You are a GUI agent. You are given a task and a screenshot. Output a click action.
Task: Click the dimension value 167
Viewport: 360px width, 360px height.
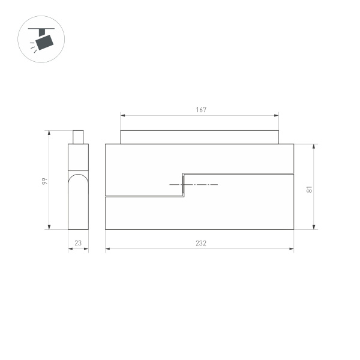click(x=201, y=110)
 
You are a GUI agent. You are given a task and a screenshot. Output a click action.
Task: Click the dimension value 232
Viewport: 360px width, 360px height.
click(x=201, y=243)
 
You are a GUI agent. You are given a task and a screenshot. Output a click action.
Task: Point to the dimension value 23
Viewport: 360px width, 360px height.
click(x=78, y=243)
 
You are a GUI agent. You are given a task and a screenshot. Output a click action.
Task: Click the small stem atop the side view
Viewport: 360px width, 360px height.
click(x=78, y=137)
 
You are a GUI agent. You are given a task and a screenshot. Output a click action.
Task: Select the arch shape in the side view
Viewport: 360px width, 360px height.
click(x=78, y=180)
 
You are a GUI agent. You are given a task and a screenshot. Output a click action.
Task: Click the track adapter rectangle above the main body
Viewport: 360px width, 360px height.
click(x=199, y=137)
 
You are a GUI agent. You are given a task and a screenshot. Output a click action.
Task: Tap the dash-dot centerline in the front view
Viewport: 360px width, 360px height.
click(x=198, y=185)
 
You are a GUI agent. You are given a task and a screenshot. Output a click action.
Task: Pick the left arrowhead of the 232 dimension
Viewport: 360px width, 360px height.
click(x=107, y=249)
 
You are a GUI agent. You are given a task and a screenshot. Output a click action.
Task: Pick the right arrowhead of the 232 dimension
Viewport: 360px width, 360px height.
click(x=292, y=249)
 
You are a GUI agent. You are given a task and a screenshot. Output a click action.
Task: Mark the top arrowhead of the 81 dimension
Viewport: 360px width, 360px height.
click(x=314, y=146)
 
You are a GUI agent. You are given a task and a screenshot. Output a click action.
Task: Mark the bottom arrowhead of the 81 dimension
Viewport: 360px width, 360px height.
click(x=314, y=227)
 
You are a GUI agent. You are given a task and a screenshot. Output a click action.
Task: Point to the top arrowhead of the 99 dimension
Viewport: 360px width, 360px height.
click(x=49, y=133)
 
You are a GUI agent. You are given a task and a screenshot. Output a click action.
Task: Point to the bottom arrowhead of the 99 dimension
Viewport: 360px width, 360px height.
click(x=49, y=227)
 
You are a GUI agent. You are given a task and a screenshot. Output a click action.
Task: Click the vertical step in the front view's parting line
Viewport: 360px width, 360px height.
click(x=183, y=185)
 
